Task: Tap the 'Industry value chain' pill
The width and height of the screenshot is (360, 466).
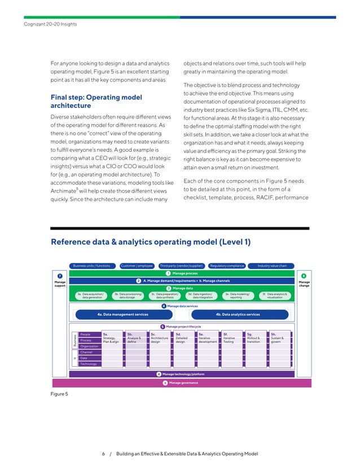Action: click(276, 265)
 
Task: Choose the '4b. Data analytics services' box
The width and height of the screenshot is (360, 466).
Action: click(238, 314)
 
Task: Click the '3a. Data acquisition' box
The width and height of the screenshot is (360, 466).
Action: click(90, 296)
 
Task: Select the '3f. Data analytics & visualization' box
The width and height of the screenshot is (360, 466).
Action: click(276, 296)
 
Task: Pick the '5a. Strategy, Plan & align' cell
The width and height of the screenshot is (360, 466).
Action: click(111, 337)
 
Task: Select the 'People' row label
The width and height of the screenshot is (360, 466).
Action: click(86, 335)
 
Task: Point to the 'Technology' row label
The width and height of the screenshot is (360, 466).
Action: click(88, 364)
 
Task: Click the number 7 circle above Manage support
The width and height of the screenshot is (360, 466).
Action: click(59, 274)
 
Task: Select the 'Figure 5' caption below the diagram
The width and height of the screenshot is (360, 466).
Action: click(59, 393)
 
